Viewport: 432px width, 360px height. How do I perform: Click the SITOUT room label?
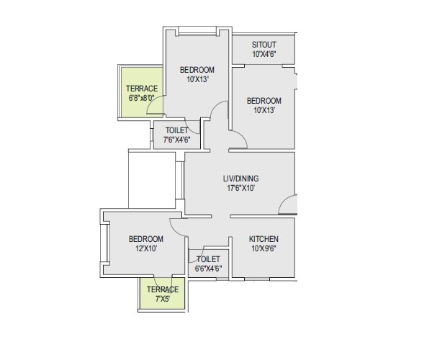[x=264, y=44]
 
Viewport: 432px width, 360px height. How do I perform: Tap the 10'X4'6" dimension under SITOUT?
[x=264, y=54]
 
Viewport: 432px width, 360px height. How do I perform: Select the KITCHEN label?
[x=264, y=239]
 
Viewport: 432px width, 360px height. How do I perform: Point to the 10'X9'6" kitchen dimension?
[x=264, y=249]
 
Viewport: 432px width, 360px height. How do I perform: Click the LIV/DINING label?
[x=240, y=179]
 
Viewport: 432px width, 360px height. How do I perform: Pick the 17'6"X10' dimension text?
[x=240, y=189]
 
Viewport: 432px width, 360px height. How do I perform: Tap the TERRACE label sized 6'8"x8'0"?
[x=141, y=89]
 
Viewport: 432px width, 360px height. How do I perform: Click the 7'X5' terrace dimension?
[x=162, y=300]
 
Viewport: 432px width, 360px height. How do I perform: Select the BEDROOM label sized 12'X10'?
[x=145, y=239]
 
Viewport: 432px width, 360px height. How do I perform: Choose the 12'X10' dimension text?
[x=145, y=249]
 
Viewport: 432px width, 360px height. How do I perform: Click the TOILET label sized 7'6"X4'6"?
[x=177, y=130]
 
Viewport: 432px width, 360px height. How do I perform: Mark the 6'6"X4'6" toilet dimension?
[x=208, y=269]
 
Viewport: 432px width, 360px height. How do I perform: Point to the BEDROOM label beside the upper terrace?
[x=197, y=69]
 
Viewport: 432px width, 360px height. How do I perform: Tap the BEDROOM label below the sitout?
[x=264, y=101]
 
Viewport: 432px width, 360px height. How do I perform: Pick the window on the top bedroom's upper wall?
[x=197, y=30]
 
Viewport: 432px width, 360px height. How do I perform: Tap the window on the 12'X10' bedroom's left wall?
[x=103, y=245]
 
